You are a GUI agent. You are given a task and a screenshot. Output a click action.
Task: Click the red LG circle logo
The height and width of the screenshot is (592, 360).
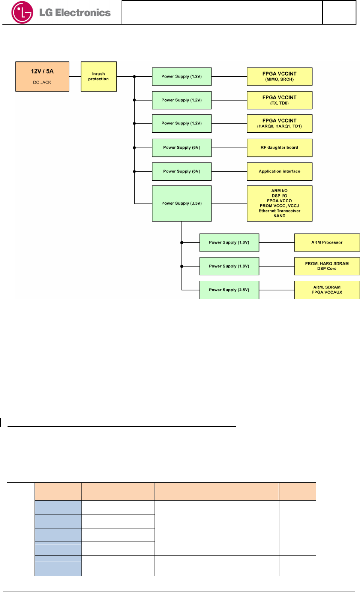pyautogui.click(x=22, y=12)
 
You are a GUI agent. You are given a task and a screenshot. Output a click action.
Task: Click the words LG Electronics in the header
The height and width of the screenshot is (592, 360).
pyautogui.click(x=75, y=13)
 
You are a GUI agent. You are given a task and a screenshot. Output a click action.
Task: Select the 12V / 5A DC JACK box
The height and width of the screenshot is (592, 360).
pyautogui.click(x=42, y=76)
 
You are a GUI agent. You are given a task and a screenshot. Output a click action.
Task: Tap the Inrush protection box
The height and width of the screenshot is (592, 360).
pyautogui.click(x=99, y=76)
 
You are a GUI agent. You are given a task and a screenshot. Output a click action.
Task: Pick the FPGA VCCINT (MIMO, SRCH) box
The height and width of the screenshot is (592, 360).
pyautogui.click(x=279, y=76)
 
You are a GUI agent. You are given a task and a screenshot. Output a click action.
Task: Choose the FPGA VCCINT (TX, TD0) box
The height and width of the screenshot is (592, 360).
pyautogui.click(x=279, y=100)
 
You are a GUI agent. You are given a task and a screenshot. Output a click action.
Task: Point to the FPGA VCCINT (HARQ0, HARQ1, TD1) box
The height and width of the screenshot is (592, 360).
pyautogui.click(x=279, y=124)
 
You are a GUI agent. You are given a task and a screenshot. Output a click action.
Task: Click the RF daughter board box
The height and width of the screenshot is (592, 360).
pyautogui.click(x=279, y=147)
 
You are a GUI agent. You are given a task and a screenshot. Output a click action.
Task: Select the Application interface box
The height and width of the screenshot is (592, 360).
pyautogui.click(x=279, y=171)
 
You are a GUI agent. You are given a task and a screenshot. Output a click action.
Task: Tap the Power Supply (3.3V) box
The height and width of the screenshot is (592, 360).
pyautogui.click(x=182, y=203)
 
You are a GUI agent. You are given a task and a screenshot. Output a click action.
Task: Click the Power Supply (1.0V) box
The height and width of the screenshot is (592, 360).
pyautogui.click(x=229, y=242)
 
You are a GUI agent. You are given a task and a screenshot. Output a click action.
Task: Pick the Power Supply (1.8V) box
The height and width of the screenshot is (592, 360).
pyautogui.click(x=229, y=266)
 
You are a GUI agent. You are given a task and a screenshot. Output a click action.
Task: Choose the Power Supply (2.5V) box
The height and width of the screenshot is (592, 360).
pyautogui.click(x=229, y=290)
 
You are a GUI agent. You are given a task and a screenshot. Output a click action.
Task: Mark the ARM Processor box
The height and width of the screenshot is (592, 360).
pyautogui.click(x=327, y=242)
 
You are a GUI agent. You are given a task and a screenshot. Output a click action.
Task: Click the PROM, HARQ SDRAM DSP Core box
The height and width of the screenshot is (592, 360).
pyautogui.click(x=327, y=266)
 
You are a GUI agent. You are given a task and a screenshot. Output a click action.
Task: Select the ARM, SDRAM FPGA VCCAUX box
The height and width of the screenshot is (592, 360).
pyautogui.click(x=327, y=290)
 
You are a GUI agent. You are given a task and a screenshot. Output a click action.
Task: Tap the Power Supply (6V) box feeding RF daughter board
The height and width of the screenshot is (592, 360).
pyautogui.click(x=182, y=147)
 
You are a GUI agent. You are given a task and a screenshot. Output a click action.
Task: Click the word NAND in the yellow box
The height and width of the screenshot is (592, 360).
pyautogui.click(x=279, y=216)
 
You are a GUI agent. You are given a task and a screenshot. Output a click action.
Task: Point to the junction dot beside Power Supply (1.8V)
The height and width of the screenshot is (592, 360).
pyautogui.click(x=182, y=266)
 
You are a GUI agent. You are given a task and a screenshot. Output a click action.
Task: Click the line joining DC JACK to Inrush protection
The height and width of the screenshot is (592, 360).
pyautogui.click(x=75, y=76)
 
